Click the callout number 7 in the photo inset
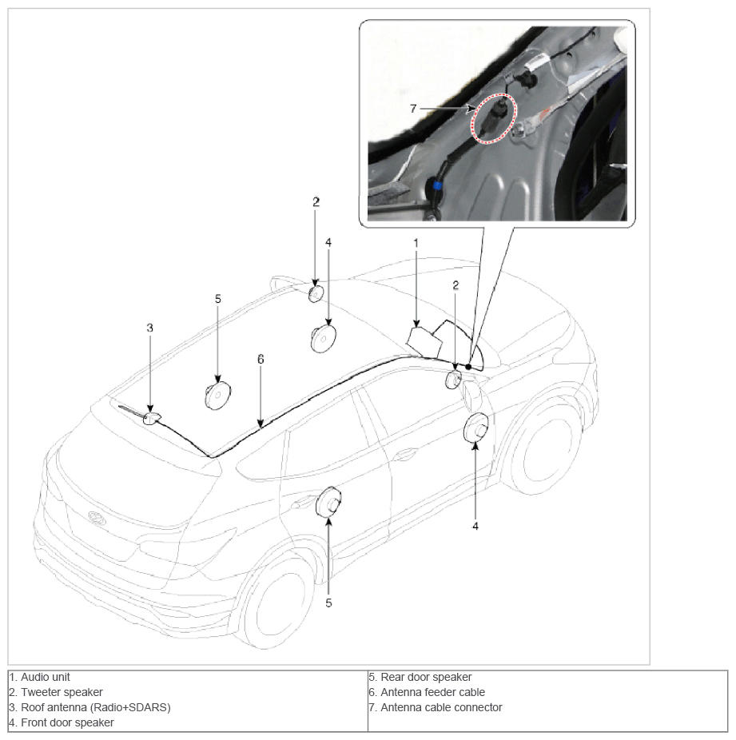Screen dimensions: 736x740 (413, 109)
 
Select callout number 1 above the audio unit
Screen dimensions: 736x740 (416, 243)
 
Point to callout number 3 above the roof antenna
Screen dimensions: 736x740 (150, 328)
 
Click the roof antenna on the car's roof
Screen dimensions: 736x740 (152, 418)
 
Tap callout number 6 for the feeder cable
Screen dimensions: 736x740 (261, 359)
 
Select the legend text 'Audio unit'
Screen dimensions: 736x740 (46, 677)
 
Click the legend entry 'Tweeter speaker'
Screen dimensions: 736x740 (62, 692)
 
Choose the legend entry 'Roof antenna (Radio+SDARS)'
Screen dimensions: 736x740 (96, 707)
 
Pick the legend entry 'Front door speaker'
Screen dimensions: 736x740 (67, 722)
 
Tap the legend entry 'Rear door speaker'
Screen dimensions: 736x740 (426, 677)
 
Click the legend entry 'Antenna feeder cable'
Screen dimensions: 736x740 (432, 692)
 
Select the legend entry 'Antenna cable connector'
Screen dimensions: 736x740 (441, 707)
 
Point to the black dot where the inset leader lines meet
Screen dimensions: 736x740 (468, 367)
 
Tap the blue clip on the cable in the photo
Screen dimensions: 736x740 (437, 185)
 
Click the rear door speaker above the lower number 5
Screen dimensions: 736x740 (328, 503)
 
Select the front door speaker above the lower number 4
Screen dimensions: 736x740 (476, 428)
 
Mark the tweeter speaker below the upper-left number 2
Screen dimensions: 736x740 (316, 293)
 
